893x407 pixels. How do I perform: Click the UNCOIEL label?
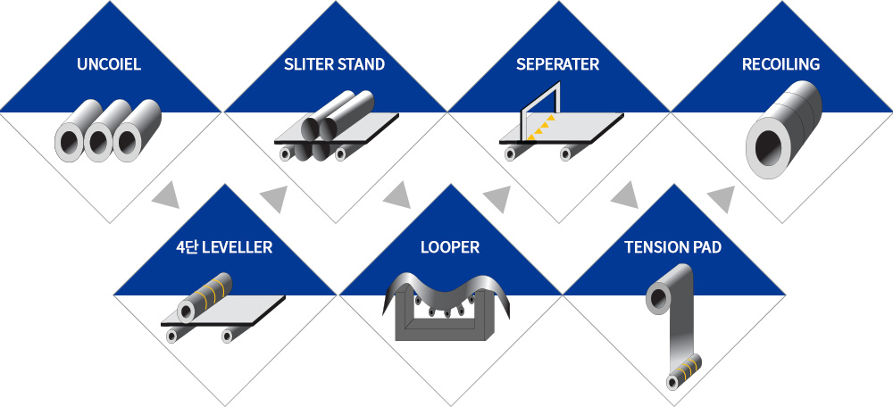(110, 64)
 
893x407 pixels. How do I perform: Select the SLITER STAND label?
(334, 64)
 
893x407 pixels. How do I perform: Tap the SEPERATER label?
(557, 64)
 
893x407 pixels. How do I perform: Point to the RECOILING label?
(780, 64)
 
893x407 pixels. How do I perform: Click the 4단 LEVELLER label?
(224, 247)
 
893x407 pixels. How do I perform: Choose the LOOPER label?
(450, 247)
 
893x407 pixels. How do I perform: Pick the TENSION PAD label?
(672, 247)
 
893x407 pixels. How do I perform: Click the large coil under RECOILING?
(783, 129)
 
